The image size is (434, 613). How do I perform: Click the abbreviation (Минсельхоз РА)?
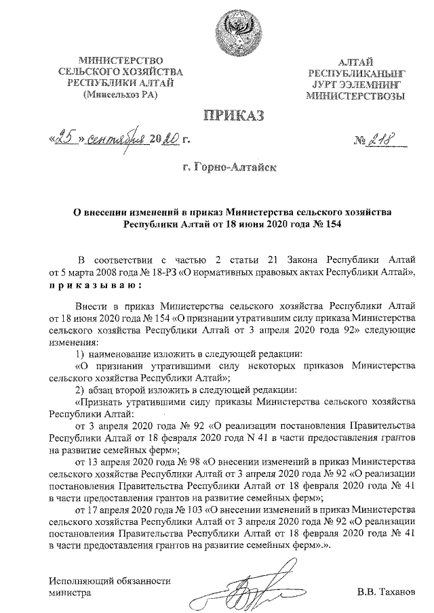(x=119, y=95)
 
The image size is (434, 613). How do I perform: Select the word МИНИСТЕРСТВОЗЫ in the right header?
(x=355, y=96)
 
